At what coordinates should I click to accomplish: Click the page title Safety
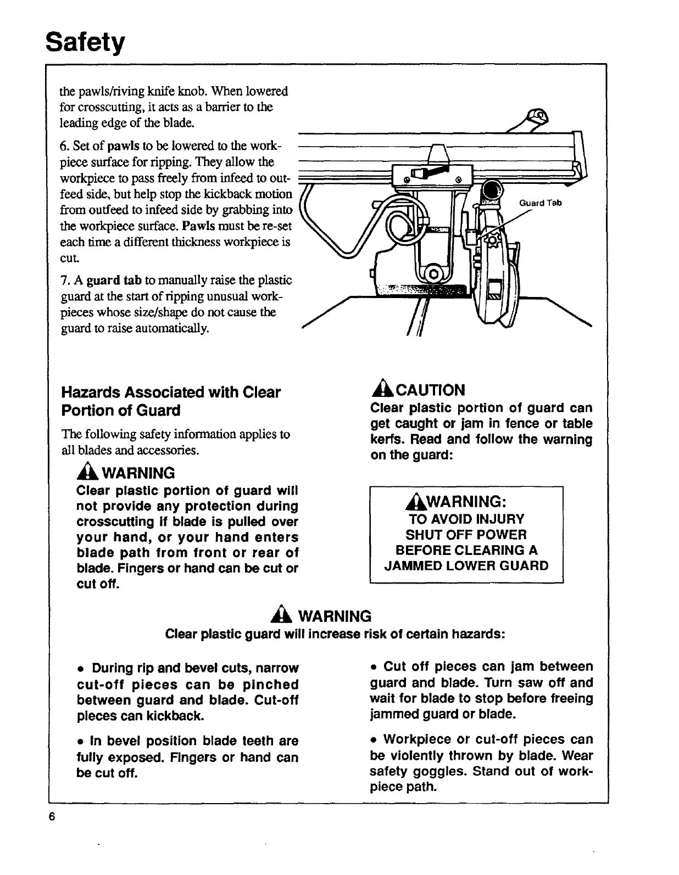tap(86, 41)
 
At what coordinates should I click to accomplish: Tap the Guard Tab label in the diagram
tap(540, 203)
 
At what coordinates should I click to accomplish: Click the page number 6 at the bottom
tap(53, 816)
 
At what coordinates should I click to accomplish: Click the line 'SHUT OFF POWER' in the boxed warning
tap(466, 535)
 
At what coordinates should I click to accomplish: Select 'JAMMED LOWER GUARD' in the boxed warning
tap(466, 566)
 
